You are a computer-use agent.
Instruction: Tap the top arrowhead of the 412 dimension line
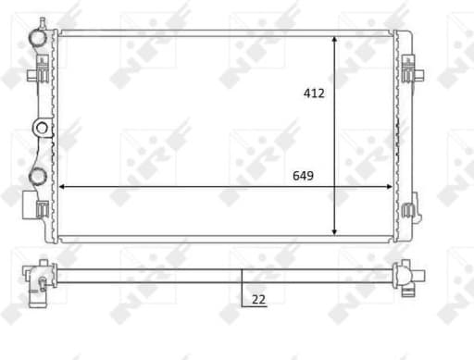click(x=334, y=40)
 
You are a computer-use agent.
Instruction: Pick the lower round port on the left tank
click(x=38, y=174)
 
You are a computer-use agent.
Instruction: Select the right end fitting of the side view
click(x=406, y=274)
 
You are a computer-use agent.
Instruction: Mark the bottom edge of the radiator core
click(x=227, y=240)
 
